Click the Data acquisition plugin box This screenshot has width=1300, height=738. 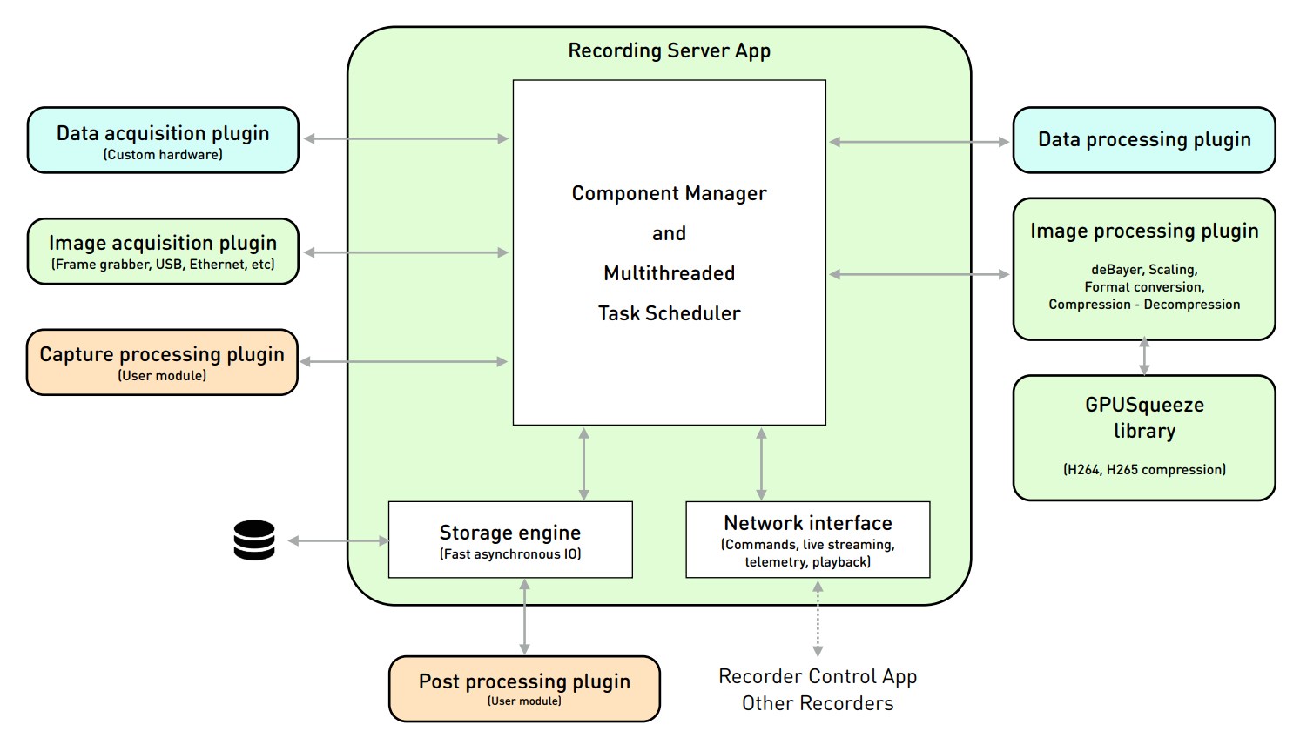(163, 140)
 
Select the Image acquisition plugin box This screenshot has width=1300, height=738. (163, 251)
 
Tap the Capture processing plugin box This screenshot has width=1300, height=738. (162, 362)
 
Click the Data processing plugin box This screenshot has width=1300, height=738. (1143, 140)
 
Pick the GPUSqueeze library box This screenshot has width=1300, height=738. (1143, 437)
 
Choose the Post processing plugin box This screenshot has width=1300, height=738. (524, 688)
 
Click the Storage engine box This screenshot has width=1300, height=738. (510, 540)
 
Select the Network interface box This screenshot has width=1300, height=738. (807, 540)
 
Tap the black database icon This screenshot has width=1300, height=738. (254, 540)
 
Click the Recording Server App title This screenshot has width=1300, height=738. (669, 50)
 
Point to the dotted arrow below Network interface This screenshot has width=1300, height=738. (818, 619)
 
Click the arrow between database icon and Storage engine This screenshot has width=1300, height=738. (338, 541)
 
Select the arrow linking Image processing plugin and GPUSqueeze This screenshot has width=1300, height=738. (1144, 357)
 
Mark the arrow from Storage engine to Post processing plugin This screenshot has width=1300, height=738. (524, 617)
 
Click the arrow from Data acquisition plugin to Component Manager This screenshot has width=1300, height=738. (406, 138)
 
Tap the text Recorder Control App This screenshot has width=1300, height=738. (818, 676)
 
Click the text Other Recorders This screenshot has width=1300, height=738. (818, 703)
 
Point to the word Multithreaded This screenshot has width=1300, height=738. (669, 273)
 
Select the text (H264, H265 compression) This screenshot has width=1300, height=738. (1143, 470)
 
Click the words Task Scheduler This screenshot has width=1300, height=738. (669, 313)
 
